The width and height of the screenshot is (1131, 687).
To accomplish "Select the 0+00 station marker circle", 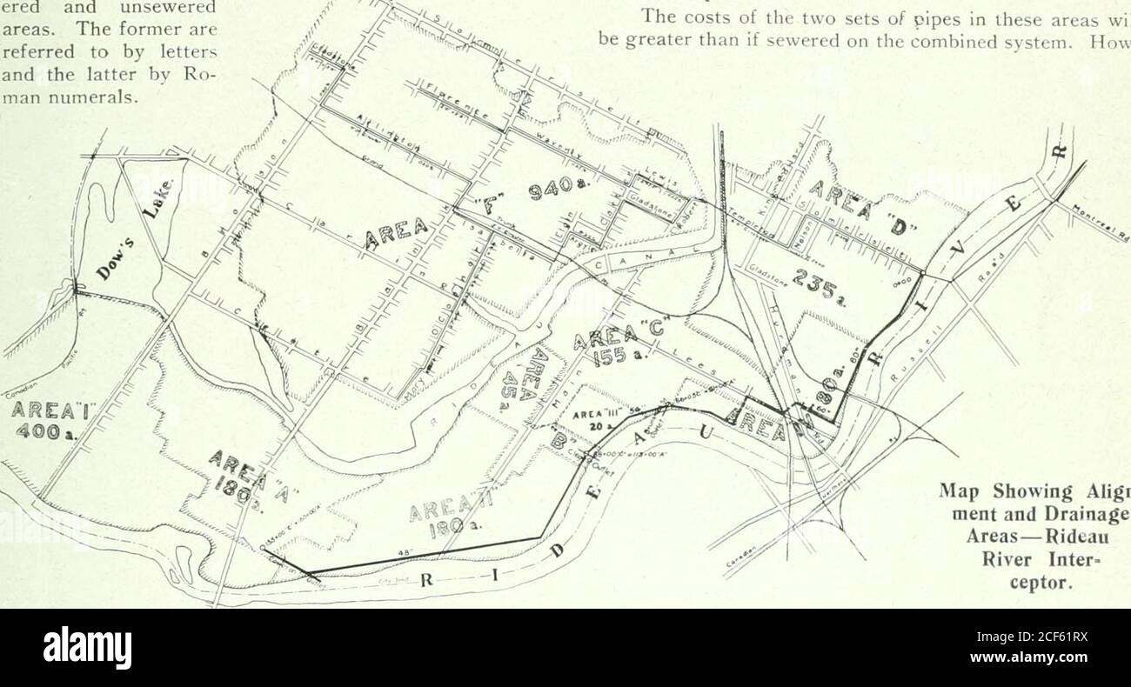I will click(x=924, y=277).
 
